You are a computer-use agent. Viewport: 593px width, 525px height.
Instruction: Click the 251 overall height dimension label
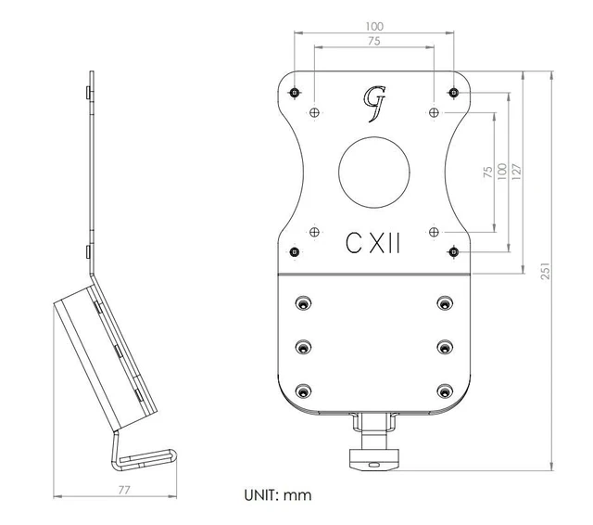tap(545, 271)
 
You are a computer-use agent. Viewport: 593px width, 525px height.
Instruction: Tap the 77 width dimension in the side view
tap(124, 490)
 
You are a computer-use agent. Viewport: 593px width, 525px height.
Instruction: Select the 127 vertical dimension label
tap(516, 172)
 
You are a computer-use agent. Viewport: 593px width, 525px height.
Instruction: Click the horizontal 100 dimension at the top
tap(374, 27)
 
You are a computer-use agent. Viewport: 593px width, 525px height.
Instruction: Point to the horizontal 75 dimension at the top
tap(374, 41)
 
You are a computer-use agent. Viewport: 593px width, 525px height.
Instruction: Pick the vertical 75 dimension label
tap(488, 173)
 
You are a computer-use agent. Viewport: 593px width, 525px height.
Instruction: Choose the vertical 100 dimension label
tap(502, 172)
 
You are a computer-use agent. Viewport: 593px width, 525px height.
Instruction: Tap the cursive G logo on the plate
tap(374, 104)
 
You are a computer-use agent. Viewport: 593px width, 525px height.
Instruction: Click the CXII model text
tap(372, 243)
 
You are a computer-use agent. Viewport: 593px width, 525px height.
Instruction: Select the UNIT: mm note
tap(278, 495)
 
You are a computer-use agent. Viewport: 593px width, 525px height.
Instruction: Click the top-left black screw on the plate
tap(295, 92)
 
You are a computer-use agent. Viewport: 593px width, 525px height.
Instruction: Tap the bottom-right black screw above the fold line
tap(453, 251)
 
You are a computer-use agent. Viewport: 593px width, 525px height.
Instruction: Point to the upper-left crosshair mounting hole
tap(314, 112)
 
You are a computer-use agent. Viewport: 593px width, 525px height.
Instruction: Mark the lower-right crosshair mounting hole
tap(434, 232)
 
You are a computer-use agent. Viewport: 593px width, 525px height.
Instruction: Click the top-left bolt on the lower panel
tap(303, 302)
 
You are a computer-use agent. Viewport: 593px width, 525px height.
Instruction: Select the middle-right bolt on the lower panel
tap(445, 347)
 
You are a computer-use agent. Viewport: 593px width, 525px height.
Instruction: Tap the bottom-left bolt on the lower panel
tap(303, 391)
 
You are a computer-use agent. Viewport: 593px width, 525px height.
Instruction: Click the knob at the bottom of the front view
tap(374, 459)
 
